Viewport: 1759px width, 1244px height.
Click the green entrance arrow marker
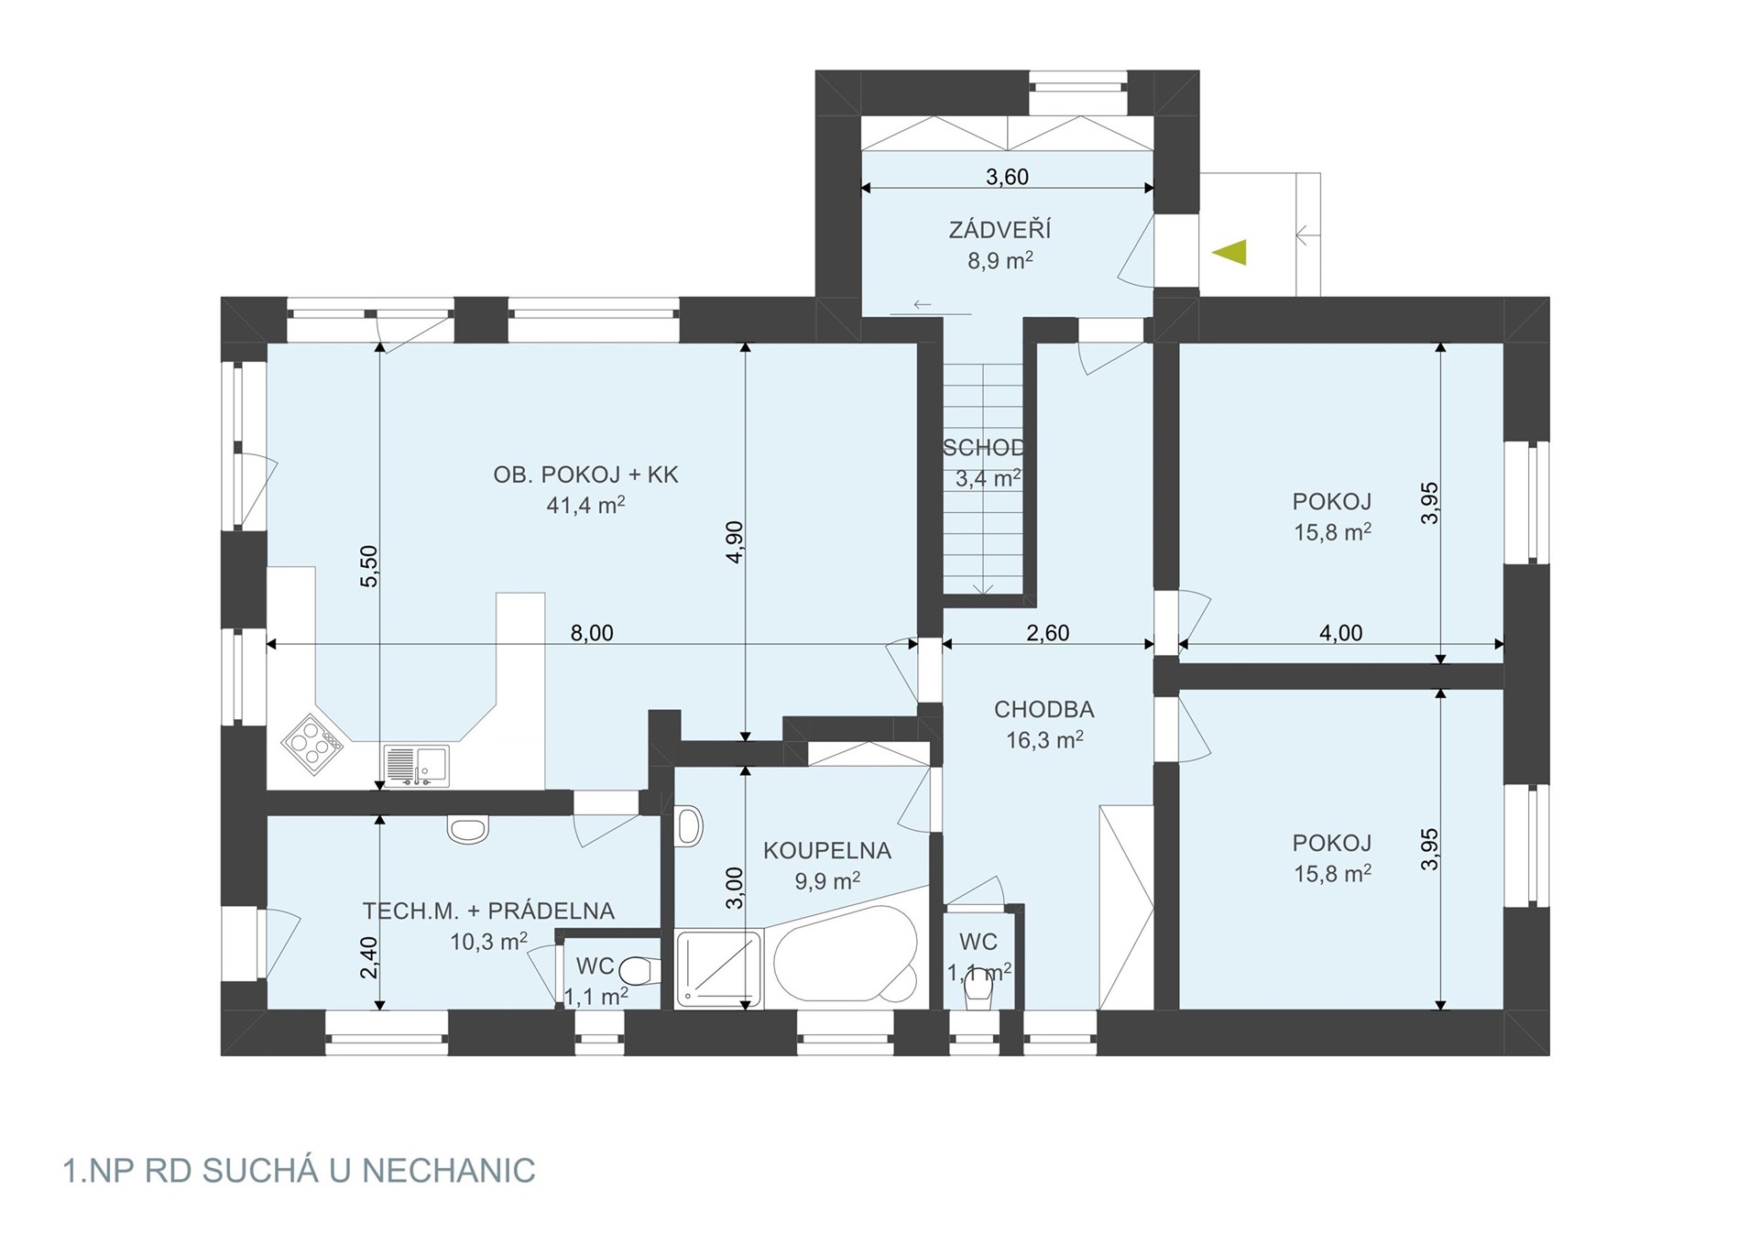[x=1229, y=252]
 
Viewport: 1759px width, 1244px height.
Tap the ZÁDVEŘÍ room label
[x=1000, y=229]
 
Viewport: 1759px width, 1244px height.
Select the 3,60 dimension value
[x=1007, y=176]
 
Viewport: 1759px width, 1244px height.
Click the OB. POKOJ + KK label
[x=585, y=475]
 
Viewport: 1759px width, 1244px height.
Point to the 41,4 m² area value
[x=585, y=505]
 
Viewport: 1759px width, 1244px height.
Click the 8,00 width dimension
[x=592, y=633]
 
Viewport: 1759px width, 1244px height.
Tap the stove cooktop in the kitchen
[x=312, y=744]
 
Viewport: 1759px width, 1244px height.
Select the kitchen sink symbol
[x=417, y=766]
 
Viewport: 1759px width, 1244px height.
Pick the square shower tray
[x=718, y=969]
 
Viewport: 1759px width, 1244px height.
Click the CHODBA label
[x=1044, y=709]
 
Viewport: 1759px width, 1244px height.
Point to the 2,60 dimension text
[x=1047, y=633]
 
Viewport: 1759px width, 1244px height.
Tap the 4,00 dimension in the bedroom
[x=1340, y=633]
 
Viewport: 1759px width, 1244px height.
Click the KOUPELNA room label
[x=827, y=850]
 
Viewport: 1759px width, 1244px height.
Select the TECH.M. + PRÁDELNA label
[x=488, y=911]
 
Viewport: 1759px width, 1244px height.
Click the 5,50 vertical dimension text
[x=368, y=566]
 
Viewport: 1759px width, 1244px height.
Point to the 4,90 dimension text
[x=735, y=541]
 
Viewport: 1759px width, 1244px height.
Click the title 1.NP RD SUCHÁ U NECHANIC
[x=299, y=1171]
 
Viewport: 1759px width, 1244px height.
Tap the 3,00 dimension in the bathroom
[x=735, y=888]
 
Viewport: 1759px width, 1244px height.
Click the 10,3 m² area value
[x=488, y=941]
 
